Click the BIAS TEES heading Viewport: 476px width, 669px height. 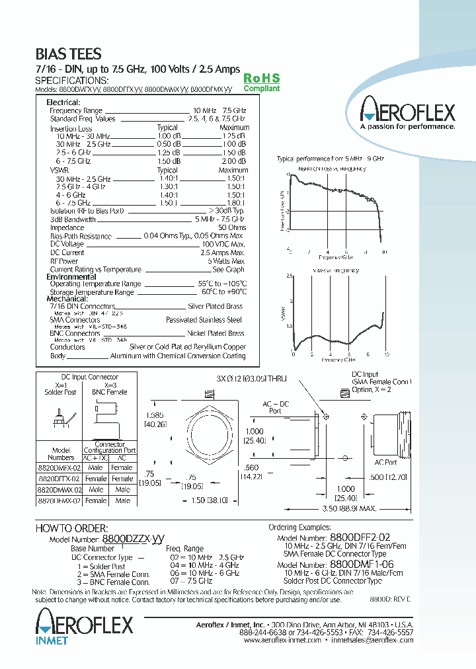(68, 54)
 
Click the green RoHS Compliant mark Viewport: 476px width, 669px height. (262, 83)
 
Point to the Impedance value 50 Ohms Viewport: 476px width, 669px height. (231, 227)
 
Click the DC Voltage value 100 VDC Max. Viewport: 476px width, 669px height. (223, 244)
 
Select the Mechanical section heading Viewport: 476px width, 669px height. (67, 299)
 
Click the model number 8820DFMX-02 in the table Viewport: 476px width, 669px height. (59, 501)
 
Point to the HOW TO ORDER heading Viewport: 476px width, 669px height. (71, 528)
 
